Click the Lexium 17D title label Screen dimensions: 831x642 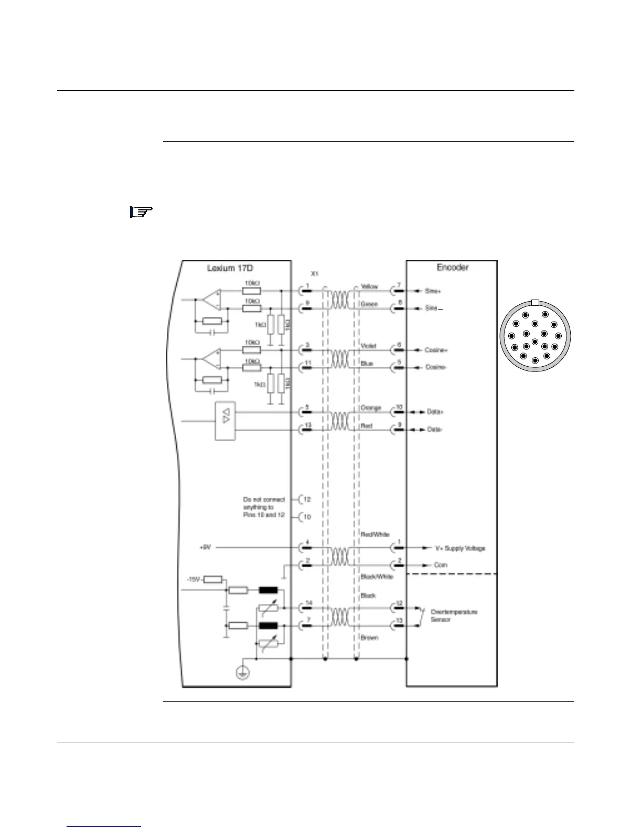click(230, 268)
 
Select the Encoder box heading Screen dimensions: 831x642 click(452, 267)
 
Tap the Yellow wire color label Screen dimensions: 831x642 click(369, 287)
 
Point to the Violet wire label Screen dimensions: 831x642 click(368, 346)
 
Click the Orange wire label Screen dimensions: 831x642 click(371, 408)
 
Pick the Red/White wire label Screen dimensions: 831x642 click(374, 535)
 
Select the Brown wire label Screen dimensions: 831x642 click(369, 637)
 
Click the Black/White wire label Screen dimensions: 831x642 click(377, 577)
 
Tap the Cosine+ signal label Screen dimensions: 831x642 click(436, 350)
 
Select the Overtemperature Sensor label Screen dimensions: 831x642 click(454, 615)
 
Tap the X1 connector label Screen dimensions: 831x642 click(315, 274)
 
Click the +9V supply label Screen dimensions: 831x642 click(205, 547)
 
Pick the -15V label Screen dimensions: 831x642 click(194, 579)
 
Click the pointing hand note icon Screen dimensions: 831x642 click(141, 212)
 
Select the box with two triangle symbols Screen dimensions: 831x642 click(226, 421)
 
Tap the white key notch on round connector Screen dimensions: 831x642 click(534, 302)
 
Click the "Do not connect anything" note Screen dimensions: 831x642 click(264, 507)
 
